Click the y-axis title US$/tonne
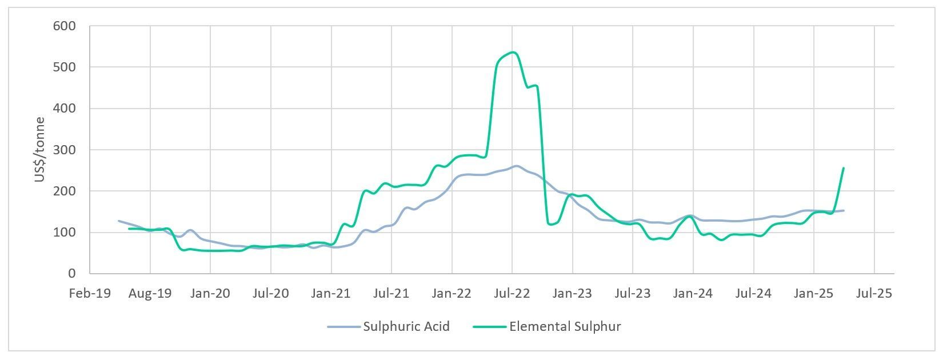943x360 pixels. [39, 150]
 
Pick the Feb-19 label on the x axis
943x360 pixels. [90, 294]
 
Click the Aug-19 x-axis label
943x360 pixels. [150, 294]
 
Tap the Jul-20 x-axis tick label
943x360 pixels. [270, 294]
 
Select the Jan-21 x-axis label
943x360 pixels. [331, 294]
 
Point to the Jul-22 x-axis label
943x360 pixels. [512, 294]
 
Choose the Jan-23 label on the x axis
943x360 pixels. [572, 294]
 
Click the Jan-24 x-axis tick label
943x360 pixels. [693, 294]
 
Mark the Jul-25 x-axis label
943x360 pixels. [874, 294]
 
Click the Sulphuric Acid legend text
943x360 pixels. [406, 327]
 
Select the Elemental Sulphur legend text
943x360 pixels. [565, 327]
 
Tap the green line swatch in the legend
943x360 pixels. [490, 327]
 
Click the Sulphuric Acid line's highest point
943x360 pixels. [516, 166]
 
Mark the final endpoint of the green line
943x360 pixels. [844, 168]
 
